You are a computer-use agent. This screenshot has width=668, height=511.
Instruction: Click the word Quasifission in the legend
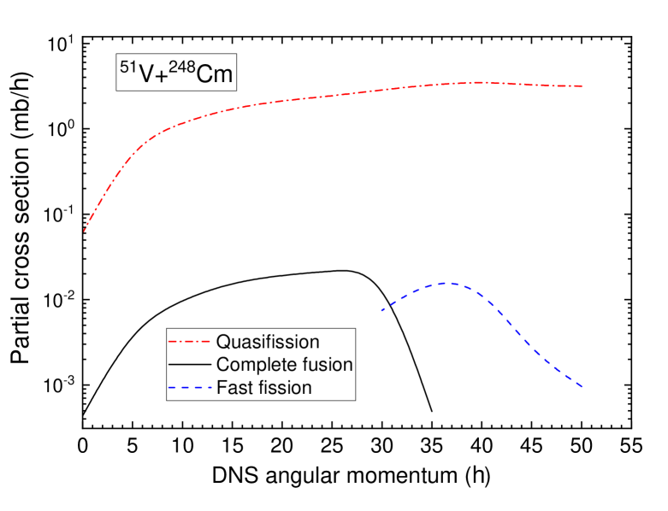click(268, 342)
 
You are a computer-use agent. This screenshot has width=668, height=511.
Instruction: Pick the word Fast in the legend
click(233, 388)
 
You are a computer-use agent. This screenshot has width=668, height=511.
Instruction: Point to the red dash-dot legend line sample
click(189, 342)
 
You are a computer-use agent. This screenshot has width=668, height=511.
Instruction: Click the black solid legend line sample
click(189, 365)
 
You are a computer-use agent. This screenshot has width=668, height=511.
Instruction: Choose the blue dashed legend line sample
click(189, 388)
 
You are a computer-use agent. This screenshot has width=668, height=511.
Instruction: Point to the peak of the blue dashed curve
click(446, 282)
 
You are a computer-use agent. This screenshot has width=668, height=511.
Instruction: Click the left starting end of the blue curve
click(381, 311)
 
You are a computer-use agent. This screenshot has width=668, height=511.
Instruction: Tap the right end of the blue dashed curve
click(582, 387)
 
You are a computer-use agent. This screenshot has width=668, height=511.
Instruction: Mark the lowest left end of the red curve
click(84, 231)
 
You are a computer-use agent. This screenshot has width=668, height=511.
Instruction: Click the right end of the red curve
click(582, 86)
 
